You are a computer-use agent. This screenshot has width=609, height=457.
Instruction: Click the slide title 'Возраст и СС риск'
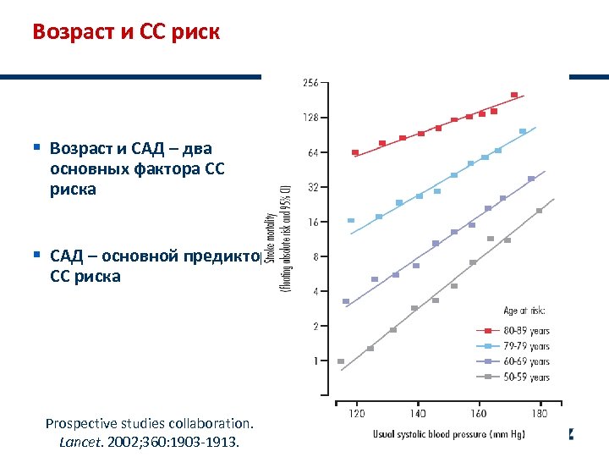125,32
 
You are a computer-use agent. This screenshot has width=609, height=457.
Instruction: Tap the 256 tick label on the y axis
310,83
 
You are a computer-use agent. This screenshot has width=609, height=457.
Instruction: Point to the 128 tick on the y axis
310,118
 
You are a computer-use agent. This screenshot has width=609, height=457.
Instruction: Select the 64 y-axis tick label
312,152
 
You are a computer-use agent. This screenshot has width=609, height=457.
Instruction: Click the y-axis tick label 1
315,361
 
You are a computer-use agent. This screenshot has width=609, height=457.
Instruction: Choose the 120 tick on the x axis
357,414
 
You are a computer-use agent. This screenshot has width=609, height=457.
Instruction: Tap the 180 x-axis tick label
540,414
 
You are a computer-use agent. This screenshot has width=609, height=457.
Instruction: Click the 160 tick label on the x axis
479,414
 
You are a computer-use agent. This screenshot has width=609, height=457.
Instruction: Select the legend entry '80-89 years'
527,330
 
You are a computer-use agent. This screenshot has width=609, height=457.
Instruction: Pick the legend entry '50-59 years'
527,377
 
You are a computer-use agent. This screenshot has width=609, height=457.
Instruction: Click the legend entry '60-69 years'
527,361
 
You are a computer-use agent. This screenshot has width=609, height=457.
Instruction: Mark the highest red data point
514,95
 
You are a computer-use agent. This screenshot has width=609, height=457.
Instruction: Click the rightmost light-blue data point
523,131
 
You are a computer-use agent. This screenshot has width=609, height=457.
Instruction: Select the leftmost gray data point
341,361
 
